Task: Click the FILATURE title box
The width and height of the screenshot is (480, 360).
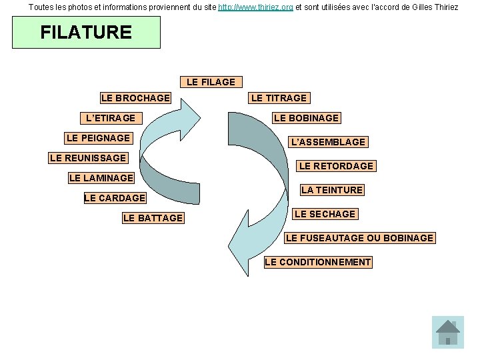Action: pos(86,33)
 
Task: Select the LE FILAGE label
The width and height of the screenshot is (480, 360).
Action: pos(211,82)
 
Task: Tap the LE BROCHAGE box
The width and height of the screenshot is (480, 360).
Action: pos(135,98)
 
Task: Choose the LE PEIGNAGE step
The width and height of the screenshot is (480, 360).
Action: pos(98,138)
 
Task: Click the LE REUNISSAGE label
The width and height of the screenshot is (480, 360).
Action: pos(87,158)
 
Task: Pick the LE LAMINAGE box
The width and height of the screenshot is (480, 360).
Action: pos(101,178)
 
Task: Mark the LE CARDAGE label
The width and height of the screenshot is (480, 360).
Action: pos(115,198)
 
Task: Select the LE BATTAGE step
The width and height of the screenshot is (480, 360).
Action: pos(153,218)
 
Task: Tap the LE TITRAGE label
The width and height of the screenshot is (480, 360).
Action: pos(279,98)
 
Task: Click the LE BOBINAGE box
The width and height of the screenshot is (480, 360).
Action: pos(306,118)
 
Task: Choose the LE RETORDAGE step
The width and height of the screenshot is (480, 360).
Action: pos(336,166)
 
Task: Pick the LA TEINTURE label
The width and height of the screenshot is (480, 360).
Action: pos(332,190)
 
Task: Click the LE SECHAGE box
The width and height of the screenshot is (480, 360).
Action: pos(325,214)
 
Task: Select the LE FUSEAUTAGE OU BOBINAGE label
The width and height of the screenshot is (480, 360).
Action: pos(359,238)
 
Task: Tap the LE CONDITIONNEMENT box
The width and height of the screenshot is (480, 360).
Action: pos(317,262)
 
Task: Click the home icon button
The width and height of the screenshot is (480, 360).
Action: pos(447,332)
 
